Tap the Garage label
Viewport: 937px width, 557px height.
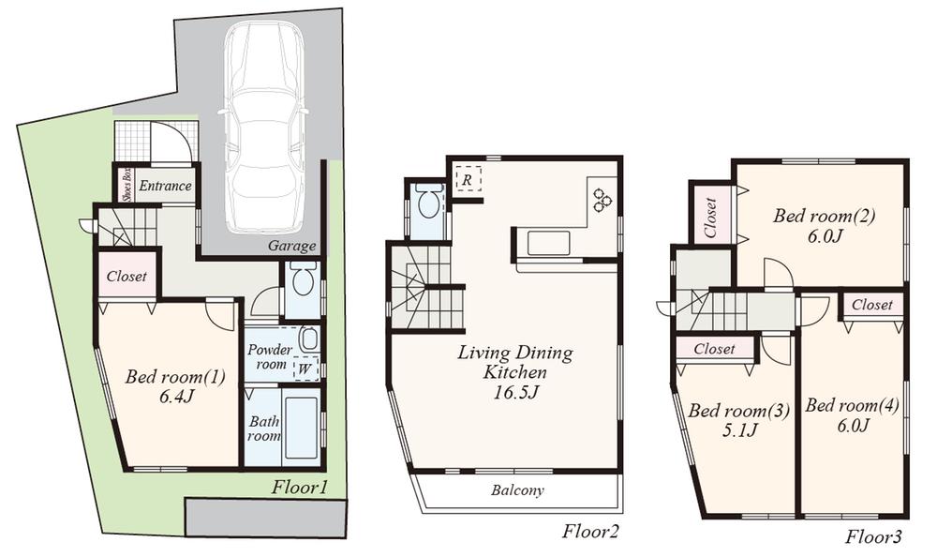click(x=292, y=247)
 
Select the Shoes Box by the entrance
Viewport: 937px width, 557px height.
click(x=124, y=185)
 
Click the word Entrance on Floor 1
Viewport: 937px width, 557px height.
click(x=165, y=186)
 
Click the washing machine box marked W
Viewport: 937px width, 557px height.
click(x=304, y=369)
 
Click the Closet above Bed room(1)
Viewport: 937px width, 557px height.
click(x=125, y=278)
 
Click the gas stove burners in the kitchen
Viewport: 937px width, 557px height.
click(x=600, y=200)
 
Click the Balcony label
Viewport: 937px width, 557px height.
click(x=518, y=490)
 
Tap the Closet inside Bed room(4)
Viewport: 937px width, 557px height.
click(x=872, y=305)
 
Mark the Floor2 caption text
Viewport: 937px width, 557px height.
click(x=590, y=532)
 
